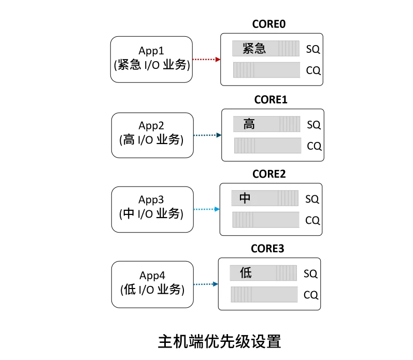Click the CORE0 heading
coord(269,24)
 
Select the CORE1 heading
coord(270,99)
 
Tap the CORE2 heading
coord(269,174)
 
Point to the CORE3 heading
coord(267,249)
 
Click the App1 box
coord(151,59)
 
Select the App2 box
coord(152,135)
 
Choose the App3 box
coord(152,209)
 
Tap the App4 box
coord(152,284)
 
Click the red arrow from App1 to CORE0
coord(207,60)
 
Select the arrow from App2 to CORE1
coord(208,135)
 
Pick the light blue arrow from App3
coord(206,209)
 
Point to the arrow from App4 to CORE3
coord(205,284)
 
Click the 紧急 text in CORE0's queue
coord(254,49)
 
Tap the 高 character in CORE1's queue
coord(249,124)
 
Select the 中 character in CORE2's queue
coord(245,198)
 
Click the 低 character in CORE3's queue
coord(246,273)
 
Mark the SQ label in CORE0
coord(313,50)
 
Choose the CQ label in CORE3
coord(310,295)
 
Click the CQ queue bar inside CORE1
coord(267,146)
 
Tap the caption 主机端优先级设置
coord(219,342)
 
